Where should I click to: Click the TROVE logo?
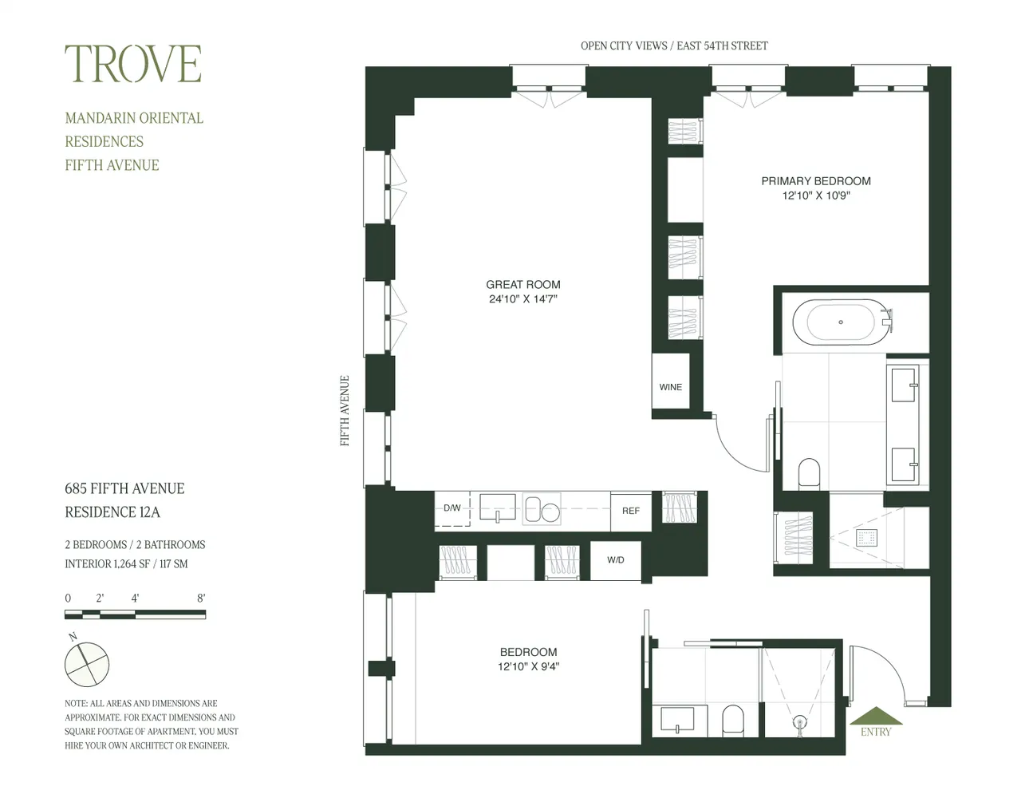point(133,64)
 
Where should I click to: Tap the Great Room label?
point(523,284)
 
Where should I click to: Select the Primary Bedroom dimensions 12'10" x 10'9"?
point(816,196)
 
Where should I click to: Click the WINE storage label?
point(670,387)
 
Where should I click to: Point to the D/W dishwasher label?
point(452,508)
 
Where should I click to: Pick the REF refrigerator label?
point(631,511)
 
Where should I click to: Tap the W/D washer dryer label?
point(616,559)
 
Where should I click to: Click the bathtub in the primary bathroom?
point(840,322)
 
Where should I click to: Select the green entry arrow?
point(876,716)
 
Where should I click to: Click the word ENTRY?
point(876,732)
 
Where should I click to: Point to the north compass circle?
point(87,665)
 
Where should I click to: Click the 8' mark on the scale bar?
point(201,598)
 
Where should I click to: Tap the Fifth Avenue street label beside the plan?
point(345,411)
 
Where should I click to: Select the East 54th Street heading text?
point(722,45)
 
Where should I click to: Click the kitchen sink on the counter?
point(497,508)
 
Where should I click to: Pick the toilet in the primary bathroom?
point(809,474)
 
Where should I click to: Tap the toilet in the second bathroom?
point(732,721)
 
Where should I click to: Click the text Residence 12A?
point(112,512)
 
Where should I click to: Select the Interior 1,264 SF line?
point(127,564)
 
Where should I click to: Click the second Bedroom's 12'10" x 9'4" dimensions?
point(528,666)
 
